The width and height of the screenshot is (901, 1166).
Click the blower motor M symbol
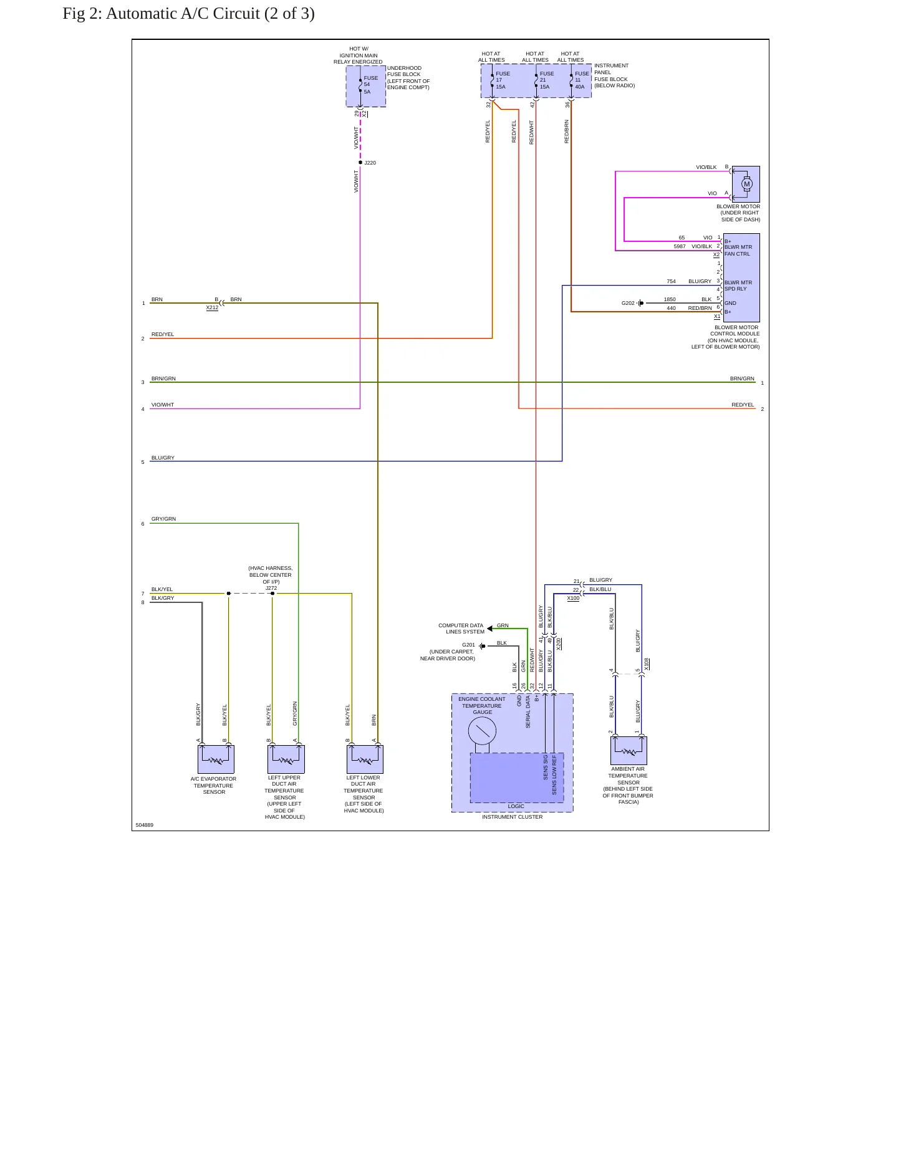click(x=746, y=184)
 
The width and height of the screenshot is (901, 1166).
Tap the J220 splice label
click(x=370, y=163)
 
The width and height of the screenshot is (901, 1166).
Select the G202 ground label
click(x=628, y=303)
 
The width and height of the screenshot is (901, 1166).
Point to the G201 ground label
click(x=468, y=645)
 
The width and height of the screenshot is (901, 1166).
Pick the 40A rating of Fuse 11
click(x=580, y=87)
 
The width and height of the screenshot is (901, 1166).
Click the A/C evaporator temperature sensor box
click(x=216, y=759)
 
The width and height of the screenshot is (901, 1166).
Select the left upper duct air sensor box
click(x=286, y=759)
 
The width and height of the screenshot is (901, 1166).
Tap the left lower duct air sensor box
click(x=365, y=759)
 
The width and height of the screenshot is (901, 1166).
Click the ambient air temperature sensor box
click(x=629, y=751)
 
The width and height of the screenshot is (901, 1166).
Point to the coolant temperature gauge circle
click(x=482, y=731)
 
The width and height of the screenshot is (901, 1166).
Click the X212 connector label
click(x=212, y=307)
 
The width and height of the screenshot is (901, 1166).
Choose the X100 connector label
click(x=573, y=598)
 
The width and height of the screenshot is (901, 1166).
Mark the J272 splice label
click(x=271, y=588)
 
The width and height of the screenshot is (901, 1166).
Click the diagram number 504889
click(x=144, y=825)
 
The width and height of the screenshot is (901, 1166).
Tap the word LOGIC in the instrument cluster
click(x=516, y=806)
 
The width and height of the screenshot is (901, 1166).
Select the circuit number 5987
click(x=680, y=246)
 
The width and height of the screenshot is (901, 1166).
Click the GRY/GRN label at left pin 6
click(x=163, y=519)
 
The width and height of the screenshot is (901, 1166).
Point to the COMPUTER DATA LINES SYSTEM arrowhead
click(x=490, y=629)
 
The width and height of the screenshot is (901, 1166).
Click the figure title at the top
click(x=188, y=14)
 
